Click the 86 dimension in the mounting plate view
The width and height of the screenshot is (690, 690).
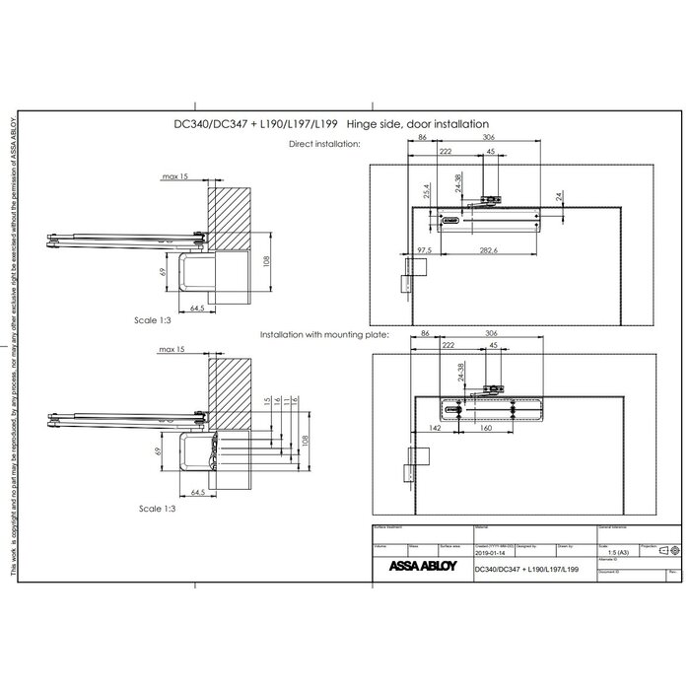click(424, 335)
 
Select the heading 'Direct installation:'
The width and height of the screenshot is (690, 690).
click(324, 144)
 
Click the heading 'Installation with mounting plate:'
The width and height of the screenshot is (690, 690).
click(325, 335)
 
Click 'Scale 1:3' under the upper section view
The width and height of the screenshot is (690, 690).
click(157, 320)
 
